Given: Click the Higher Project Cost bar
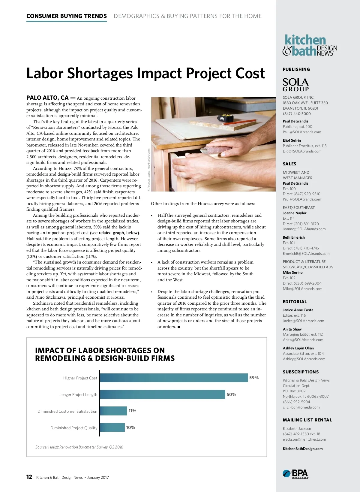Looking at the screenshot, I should click(x=174, y=378).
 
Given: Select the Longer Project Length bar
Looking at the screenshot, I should click(x=162, y=394).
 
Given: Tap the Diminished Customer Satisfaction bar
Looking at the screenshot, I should click(x=113, y=411).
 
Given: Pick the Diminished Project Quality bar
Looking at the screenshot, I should click(x=112, y=427).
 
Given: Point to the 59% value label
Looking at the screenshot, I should click(x=254, y=378).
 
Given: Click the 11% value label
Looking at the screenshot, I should click(x=132, y=411).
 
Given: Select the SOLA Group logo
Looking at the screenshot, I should click(x=295, y=85).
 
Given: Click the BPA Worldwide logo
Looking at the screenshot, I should click(x=295, y=474).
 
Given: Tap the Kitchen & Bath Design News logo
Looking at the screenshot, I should click(x=310, y=46).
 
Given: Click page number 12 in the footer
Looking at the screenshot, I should click(x=29, y=477).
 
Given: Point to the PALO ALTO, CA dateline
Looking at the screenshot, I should click(x=47, y=98).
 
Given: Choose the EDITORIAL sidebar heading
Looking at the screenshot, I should click(x=295, y=302).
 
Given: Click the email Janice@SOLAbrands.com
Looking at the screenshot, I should click(x=303, y=321).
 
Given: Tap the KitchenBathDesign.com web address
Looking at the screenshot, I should click(x=303, y=449).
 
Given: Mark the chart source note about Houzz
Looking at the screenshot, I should click(x=79, y=447).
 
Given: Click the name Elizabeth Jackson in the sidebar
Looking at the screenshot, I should click(x=297, y=429).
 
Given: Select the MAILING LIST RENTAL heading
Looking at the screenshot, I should click(x=307, y=420).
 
